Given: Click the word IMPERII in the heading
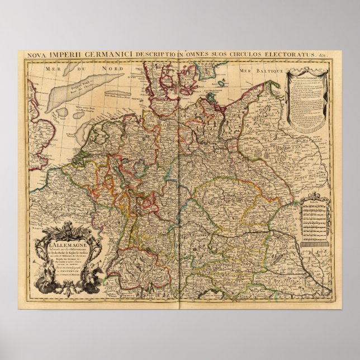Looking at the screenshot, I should point(61,55).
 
